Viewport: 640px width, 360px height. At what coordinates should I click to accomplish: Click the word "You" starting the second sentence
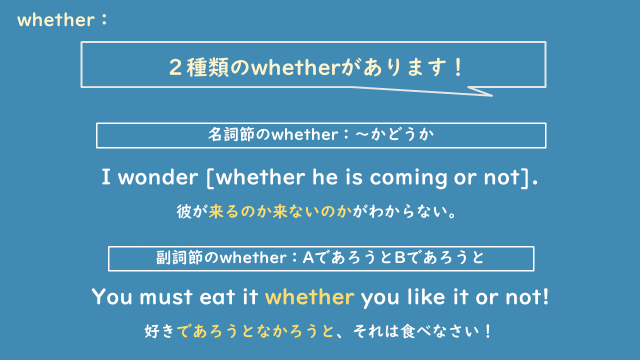111,297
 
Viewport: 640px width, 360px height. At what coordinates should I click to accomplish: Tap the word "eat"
220,297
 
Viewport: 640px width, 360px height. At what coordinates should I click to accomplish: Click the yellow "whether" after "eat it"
311,297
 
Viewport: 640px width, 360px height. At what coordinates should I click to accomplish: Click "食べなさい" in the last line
440,330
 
